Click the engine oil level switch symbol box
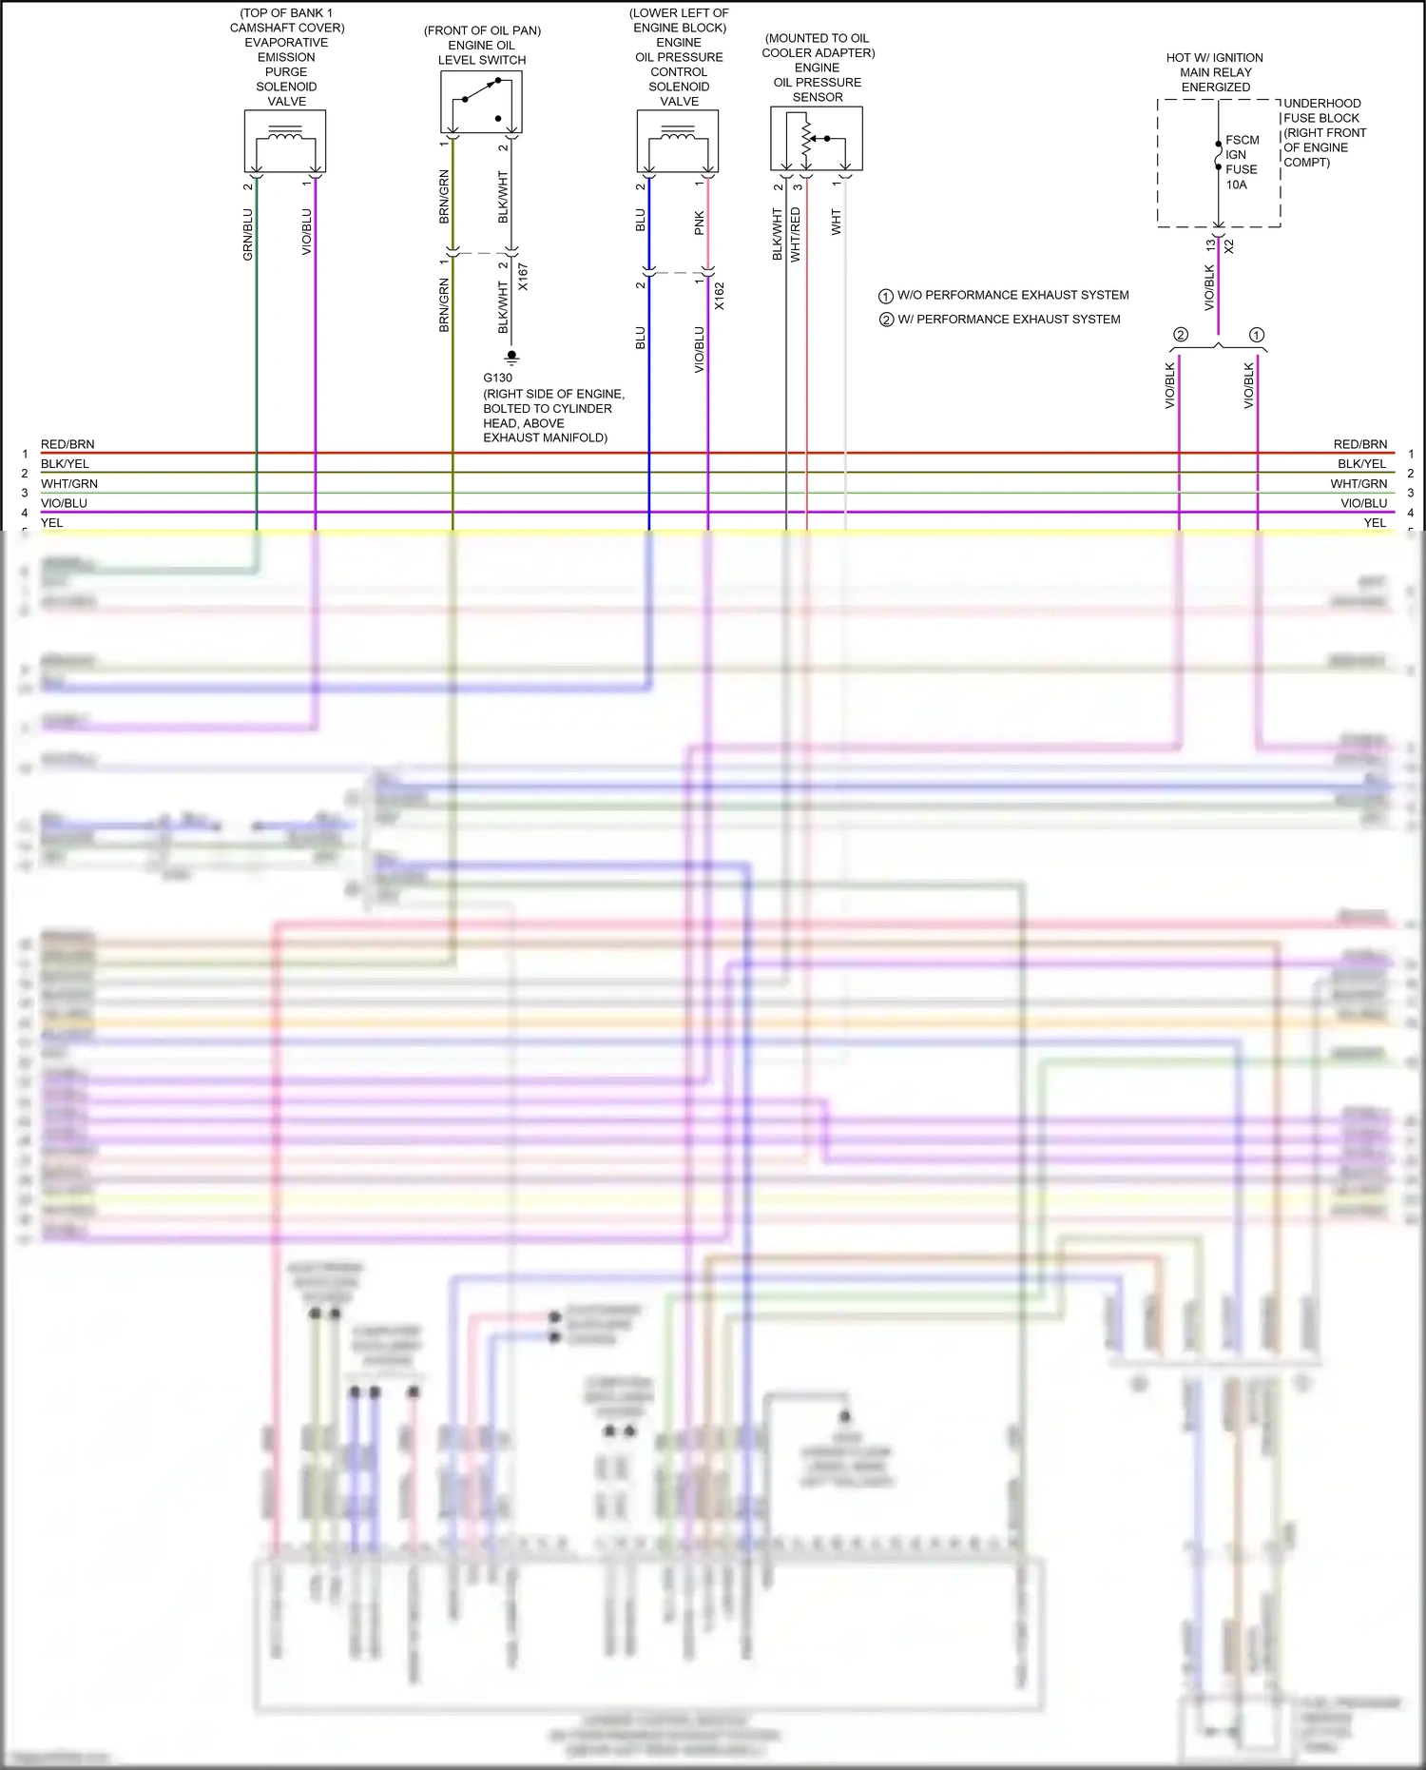tap(481, 101)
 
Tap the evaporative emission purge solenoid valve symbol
tap(285, 140)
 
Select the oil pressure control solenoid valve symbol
tap(677, 140)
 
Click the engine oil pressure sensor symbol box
tap(816, 138)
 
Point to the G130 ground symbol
tap(511, 358)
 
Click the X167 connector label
tap(523, 277)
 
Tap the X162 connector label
tap(720, 296)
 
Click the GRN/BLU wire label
tap(248, 234)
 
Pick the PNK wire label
tap(700, 224)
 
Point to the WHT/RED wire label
tap(796, 234)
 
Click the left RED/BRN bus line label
tap(67, 444)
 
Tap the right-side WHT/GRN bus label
tap(1359, 484)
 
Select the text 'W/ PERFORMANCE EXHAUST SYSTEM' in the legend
tap(1009, 320)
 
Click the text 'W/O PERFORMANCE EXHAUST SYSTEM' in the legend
tap(1012, 295)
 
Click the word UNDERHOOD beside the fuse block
tap(1321, 104)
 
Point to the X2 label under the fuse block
tap(1229, 245)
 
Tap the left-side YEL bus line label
tap(51, 523)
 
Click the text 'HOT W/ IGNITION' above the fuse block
tap(1214, 58)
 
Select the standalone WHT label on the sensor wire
tap(837, 223)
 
